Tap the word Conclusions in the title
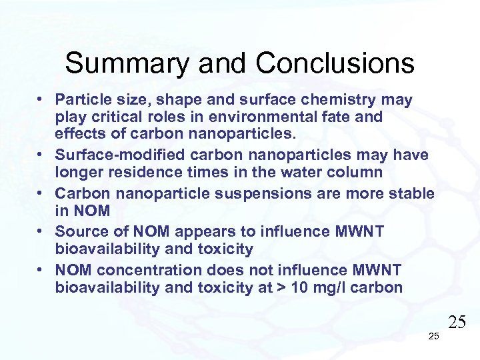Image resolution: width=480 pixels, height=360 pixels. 335,64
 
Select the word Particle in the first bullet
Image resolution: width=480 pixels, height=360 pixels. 81,99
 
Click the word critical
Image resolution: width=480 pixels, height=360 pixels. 109,117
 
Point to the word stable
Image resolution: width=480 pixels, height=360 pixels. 411,193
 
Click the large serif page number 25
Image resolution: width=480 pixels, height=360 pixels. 456,323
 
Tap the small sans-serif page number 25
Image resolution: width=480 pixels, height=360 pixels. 433,336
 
